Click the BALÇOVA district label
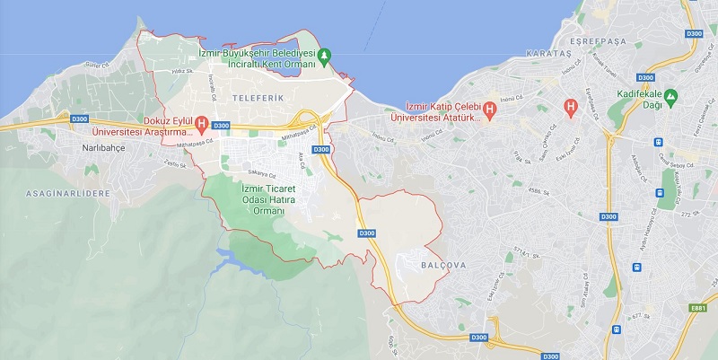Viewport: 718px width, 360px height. [x=439, y=264]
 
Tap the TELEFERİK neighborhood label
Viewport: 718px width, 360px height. [x=250, y=95]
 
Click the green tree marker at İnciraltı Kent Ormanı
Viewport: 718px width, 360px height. [x=326, y=56]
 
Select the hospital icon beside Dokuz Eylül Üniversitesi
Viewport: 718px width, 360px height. [x=202, y=123]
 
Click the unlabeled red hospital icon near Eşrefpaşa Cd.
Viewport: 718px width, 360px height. [x=569, y=107]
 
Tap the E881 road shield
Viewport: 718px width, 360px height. [x=698, y=307]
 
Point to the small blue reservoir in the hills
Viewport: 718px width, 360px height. [x=235, y=261]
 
